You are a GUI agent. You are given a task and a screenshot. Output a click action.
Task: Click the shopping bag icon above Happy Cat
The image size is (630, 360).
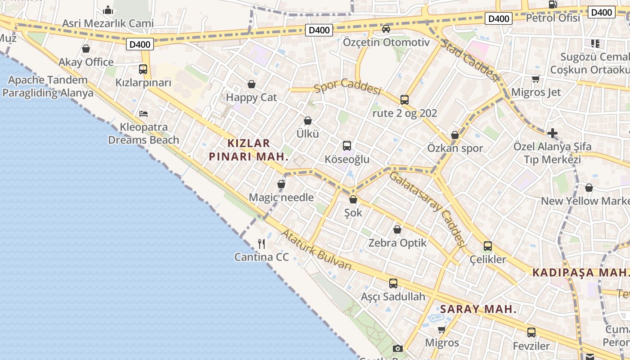[252, 84]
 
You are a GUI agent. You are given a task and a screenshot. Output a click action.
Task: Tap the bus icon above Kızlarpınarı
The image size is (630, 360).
[143, 69]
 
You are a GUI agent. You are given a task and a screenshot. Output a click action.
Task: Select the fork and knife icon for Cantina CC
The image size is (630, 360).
[261, 244]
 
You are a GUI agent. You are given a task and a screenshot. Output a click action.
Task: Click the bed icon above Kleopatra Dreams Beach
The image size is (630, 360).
[144, 114]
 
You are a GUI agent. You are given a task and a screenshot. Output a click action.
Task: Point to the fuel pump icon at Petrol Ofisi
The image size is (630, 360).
[553, 4]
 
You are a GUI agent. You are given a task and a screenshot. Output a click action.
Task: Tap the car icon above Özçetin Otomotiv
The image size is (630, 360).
[386, 29]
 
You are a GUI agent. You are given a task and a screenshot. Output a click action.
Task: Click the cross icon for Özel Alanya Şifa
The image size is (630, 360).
[553, 133]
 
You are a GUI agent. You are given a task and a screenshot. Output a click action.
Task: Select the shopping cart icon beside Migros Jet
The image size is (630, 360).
[536, 79]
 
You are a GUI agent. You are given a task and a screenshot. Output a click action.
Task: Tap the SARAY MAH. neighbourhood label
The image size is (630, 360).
[478, 309]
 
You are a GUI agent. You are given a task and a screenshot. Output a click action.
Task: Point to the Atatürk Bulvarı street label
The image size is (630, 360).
[316, 250]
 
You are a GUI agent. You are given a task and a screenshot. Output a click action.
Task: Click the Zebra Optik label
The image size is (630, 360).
[397, 243]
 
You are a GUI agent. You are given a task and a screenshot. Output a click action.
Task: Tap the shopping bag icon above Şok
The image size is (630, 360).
[353, 199]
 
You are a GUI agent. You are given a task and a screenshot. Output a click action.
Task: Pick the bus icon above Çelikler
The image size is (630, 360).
[488, 246]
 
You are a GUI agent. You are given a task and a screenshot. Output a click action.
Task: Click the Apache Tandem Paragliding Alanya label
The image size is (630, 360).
[48, 87]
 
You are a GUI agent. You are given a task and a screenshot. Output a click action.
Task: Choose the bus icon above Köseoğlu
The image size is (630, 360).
[347, 146]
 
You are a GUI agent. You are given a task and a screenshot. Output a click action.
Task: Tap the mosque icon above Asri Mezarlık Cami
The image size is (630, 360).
[108, 10]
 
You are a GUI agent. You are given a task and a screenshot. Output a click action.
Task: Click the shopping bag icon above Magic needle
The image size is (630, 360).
[281, 184]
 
